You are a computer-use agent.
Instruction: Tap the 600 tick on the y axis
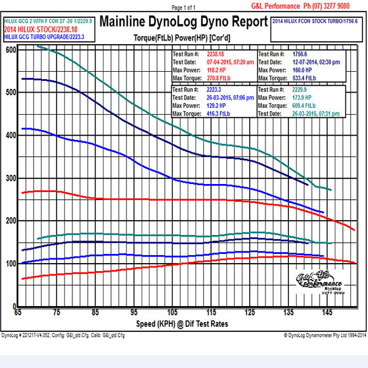click(x=10, y=49)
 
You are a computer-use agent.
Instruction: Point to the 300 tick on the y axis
click(x=10, y=178)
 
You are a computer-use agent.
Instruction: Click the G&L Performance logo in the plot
click(x=320, y=283)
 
